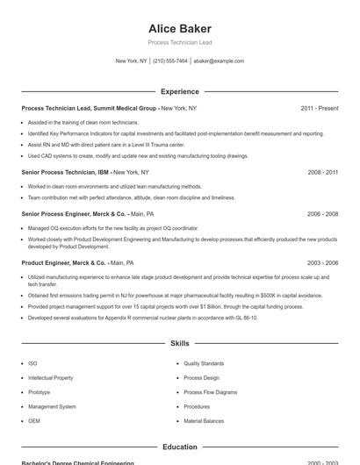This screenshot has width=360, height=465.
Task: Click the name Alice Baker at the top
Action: click(x=180, y=28)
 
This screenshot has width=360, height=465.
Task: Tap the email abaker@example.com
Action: click(x=219, y=61)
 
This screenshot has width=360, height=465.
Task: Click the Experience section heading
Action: click(x=180, y=91)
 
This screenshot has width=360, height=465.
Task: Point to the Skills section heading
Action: click(x=180, y=344)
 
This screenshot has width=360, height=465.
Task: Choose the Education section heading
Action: click(x=180, y=447)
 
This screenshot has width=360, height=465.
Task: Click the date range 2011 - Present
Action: click(x=319, y=108)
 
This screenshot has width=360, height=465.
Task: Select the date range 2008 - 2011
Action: click(x=323, y=173)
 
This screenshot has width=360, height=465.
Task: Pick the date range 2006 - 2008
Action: click(x=323, y=213)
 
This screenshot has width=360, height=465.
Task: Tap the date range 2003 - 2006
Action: click(x=323, y=262)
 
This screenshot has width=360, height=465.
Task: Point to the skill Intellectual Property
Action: click(x=51, y=377)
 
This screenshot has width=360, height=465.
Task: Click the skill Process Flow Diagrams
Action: click(x=210, y=392)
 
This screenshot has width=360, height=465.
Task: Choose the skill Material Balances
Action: click(x=205, y=421)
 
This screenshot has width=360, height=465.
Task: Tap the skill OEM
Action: click(x=34, y=421)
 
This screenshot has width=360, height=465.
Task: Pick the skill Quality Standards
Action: click(x=204, y=363)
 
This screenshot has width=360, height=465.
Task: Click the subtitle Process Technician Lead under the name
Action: click(x=180, y=42)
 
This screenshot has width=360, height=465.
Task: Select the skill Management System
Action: click(x=52, y=406)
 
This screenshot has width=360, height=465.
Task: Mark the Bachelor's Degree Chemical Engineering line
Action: click(x=78, y=462)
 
